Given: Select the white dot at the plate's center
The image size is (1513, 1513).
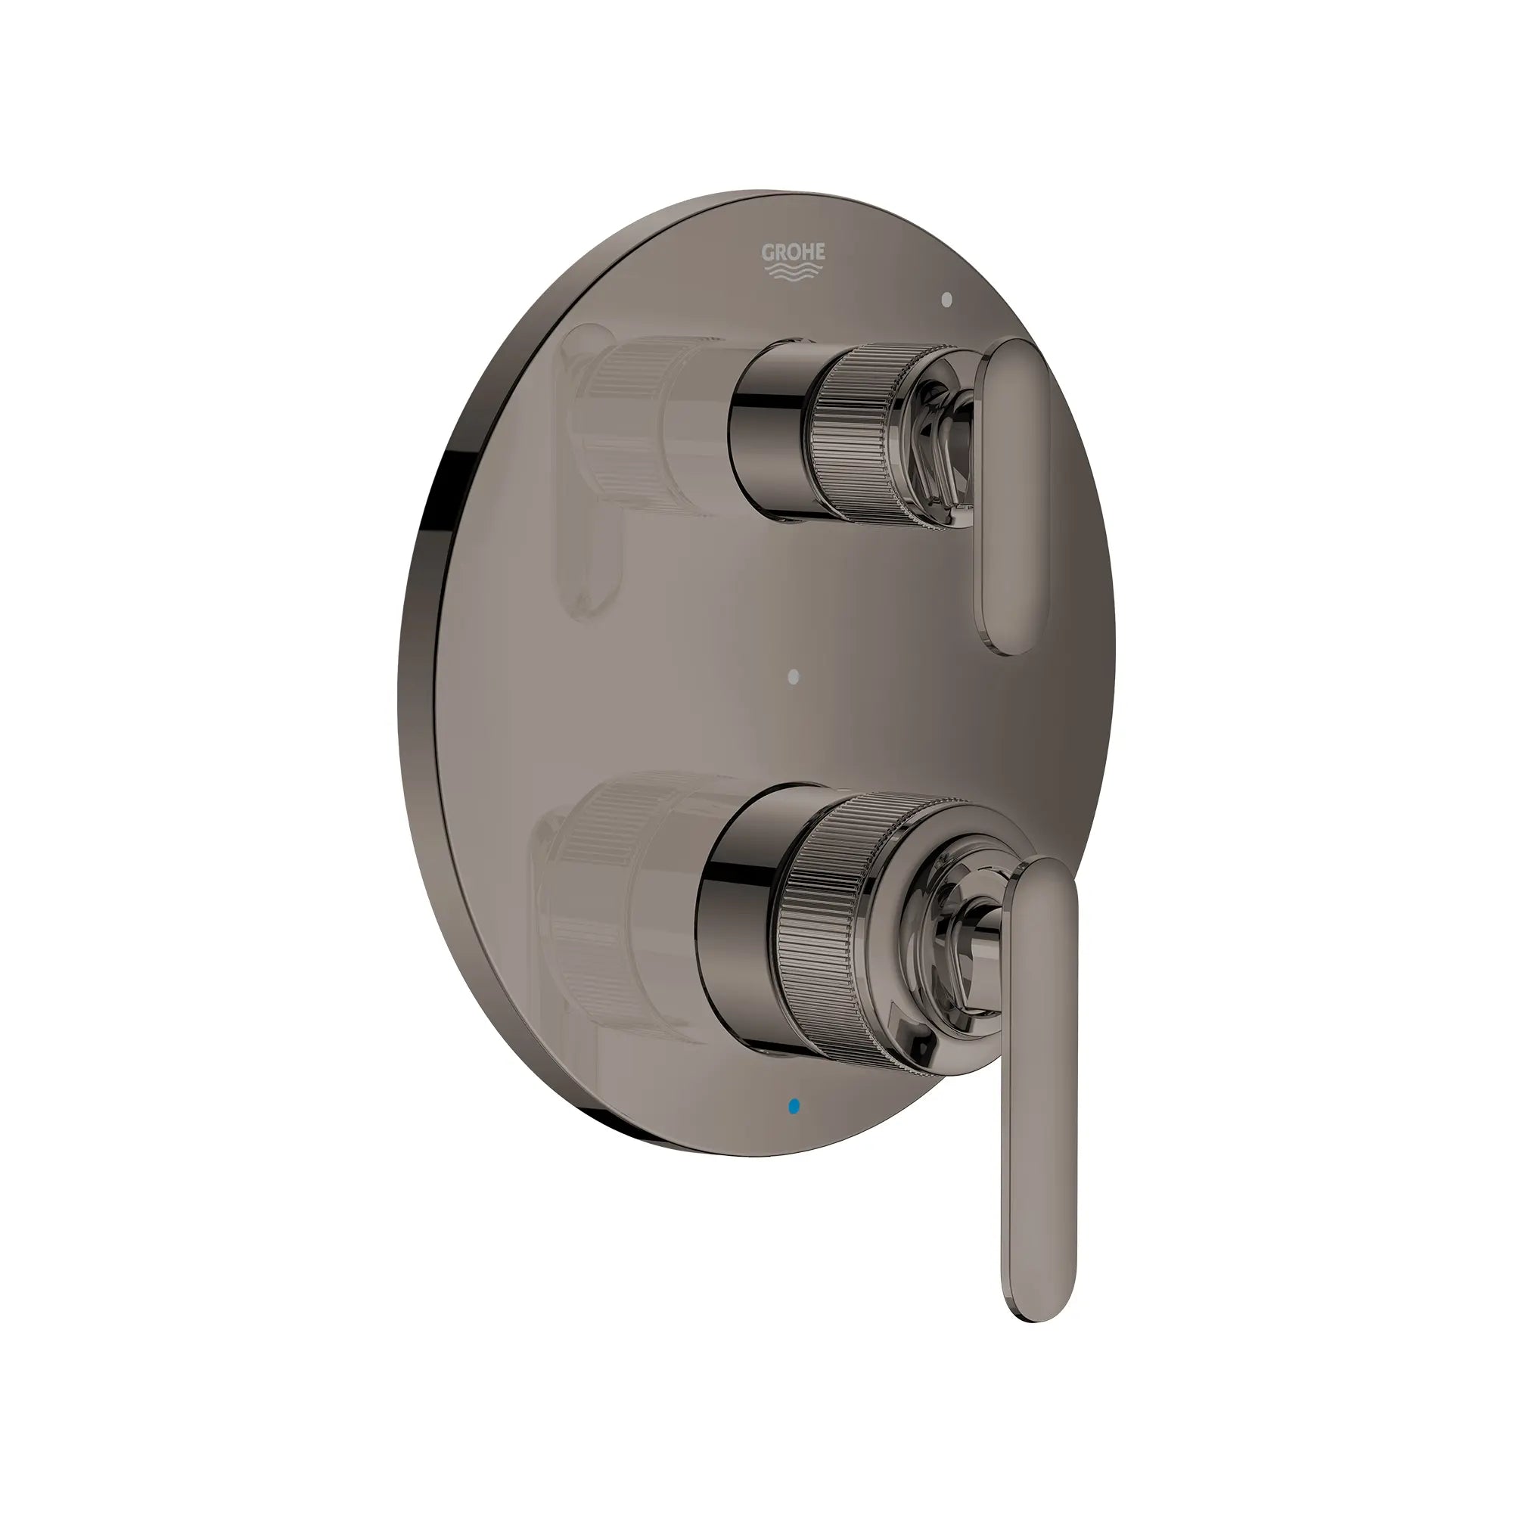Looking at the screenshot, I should pos(795,673).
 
